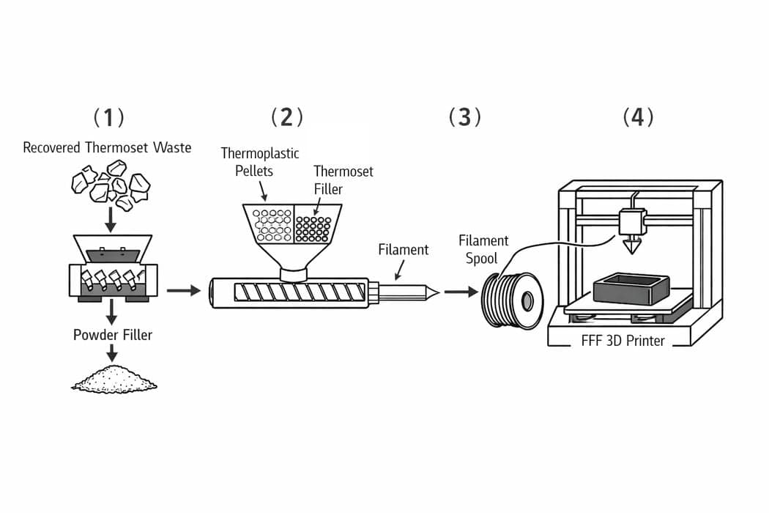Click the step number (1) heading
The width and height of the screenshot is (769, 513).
tap(108, 117)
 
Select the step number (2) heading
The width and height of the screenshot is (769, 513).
tap(286, 117)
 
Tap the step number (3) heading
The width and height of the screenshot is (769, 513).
tap(464, 117)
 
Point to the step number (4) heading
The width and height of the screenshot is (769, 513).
tap(638, 117)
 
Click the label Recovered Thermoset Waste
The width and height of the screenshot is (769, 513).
tap(107, 148)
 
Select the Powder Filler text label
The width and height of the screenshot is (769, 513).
tap(113, 335)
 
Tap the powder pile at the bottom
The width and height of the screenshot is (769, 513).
tap(114, 380)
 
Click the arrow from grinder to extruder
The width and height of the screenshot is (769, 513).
tap(183, 291)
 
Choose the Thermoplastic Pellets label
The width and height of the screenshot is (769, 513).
tap(259, 162)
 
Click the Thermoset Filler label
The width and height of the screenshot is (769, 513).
tap(343, 180)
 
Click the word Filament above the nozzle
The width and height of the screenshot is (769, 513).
tap(403, 249)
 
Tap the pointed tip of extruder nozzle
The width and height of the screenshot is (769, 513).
tap(436, 292)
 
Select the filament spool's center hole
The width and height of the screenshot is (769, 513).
tap(527, 301)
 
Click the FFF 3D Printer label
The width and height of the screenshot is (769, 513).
tap(623, 340)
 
